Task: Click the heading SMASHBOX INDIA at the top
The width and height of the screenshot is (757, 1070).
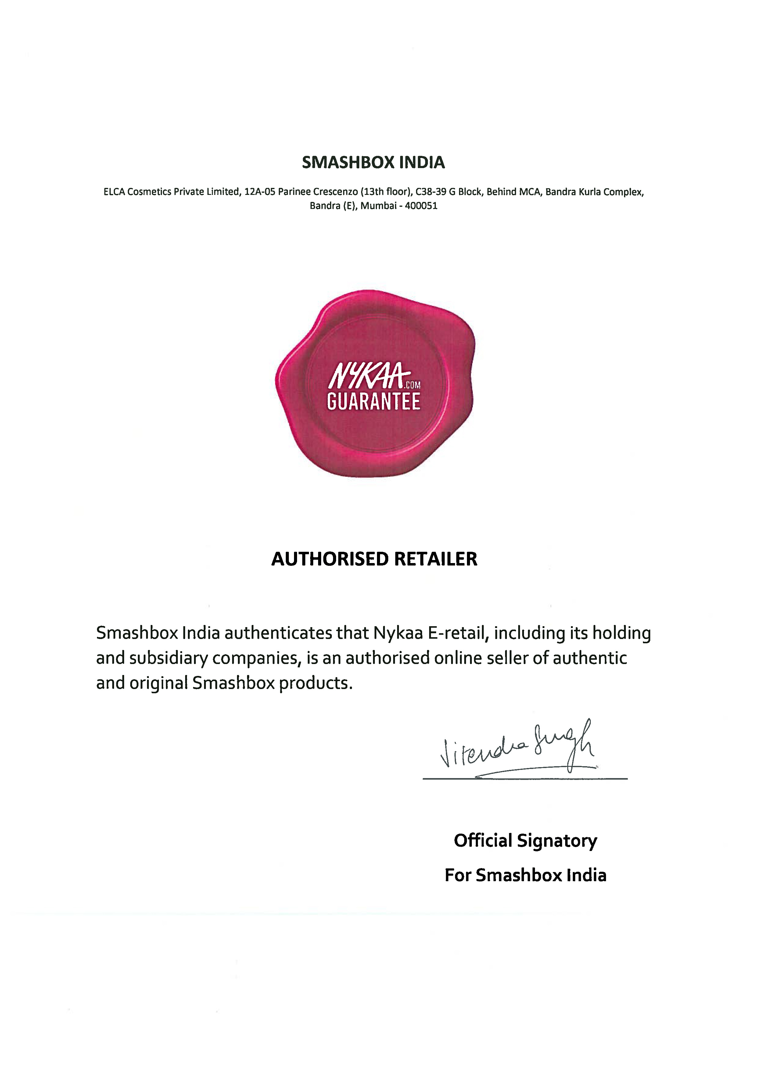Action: [x=373, y=163]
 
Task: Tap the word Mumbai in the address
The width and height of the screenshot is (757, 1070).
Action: [x=378, y=206]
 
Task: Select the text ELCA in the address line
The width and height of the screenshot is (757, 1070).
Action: [x=114, y=192]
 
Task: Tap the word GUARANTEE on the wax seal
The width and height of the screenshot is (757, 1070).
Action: [x=373, y=402]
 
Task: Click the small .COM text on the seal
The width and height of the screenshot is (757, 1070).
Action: [x=413, y=385]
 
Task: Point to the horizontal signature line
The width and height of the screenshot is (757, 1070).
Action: [x=525, y=779]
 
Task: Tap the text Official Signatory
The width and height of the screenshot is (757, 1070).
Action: [x=525, y=840]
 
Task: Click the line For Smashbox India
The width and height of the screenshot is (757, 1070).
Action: [x=525, y=875]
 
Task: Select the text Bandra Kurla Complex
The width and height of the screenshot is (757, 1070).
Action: [x=594, y=192]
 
